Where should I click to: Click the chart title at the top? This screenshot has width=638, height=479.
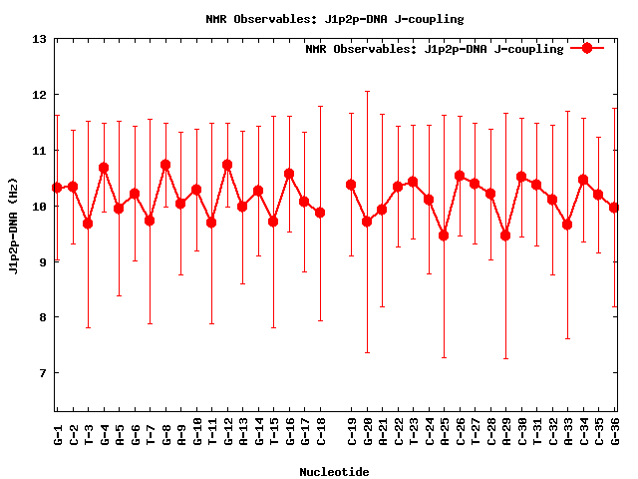334,19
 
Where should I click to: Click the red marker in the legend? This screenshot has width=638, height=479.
586,48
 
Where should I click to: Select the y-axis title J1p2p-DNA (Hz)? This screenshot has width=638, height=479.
13,225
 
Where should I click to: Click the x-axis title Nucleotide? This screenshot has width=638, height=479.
334,472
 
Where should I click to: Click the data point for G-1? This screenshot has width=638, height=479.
57,188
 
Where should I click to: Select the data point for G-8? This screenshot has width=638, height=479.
165,165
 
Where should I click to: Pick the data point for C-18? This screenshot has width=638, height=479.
320,213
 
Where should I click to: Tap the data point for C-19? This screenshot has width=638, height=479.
351,185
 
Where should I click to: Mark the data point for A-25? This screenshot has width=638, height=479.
444,236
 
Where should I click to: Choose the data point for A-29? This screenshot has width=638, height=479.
505,236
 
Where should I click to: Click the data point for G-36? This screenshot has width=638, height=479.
614,208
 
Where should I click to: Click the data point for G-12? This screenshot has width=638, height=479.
227,165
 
